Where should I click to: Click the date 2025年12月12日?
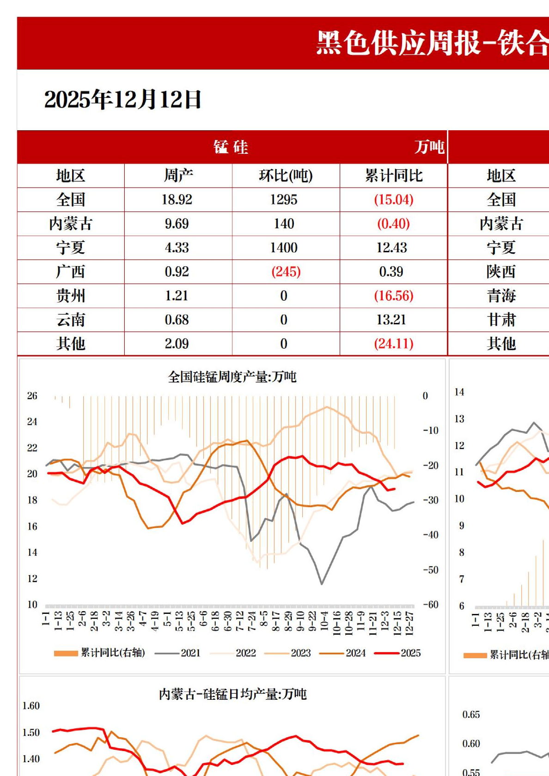pyautogui.click(x=122, y=100)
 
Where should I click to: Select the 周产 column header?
pyautogui.click(x=178, y=176)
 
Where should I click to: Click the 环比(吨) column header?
pyautogui.click(x=286, y=176)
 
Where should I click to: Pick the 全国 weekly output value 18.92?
pyautogui.click(x=177, y=200)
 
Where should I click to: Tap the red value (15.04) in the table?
pyautogui.click(x=393, y=200)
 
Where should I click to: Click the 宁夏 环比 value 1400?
pyautogui.click(x=284, y=248)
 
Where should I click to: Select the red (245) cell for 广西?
pyautogui.click(x=286, y=272)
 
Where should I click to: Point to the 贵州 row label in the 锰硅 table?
pyautogui.click(x=71, y=296)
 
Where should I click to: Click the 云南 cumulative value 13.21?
pyautogui.click(x=391, y=320)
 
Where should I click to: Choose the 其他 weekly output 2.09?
pyautogui.click(x=177, y=344)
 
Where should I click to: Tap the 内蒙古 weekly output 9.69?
pyautogui.click(x=177, y=224)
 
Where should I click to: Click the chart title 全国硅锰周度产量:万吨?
pyautogui.click(x=232, y=377)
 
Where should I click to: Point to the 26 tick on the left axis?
pyautogui.click(x=32, y=396)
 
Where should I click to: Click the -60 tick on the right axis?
pyautogui.click(x=430, y=605)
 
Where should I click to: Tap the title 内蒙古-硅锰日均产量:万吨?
pyautogui.click(x=232, y=694)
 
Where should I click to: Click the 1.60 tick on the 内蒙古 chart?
pyautogui.click(x=31, y=706)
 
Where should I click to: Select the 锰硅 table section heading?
pyautogui.click(x=231, y=147)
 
